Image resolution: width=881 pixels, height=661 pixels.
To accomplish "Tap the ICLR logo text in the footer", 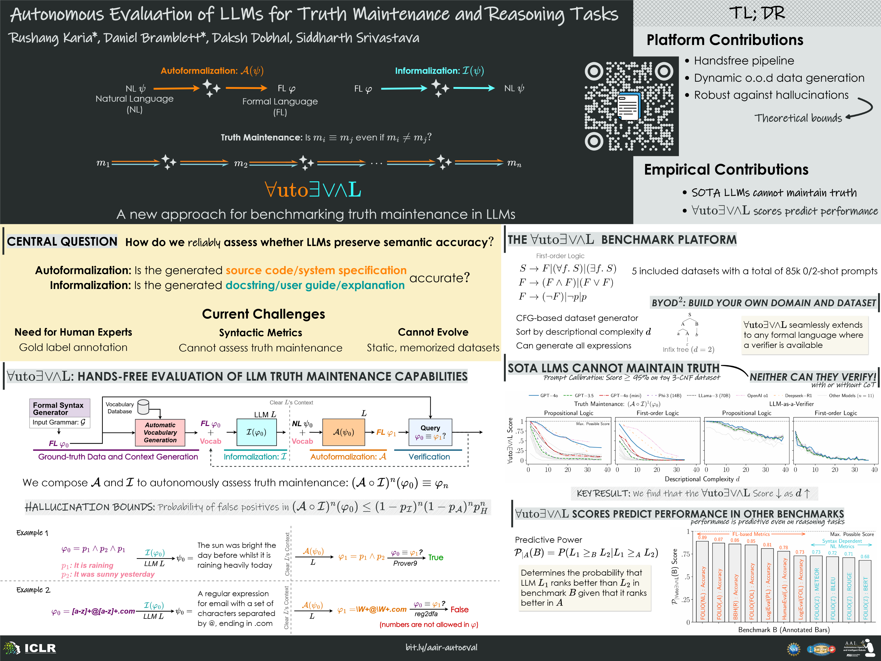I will pyautogui.click(x=40, y=648).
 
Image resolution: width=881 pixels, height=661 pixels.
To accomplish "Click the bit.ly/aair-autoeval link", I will pyautogui.click(x=441, y=647).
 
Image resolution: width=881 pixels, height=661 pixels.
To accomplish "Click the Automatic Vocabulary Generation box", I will pyautogui.click(x=160, y=433).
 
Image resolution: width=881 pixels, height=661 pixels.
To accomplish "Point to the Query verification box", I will pyautogui.click(x=430, y=432).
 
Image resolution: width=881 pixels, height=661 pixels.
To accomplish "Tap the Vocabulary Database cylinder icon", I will pyautogui.click(x=143, y=407).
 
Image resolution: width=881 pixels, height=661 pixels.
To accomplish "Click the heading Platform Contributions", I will pyautogui.click(x=725, y=40).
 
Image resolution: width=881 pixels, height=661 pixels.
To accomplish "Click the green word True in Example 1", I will pyautogui.click(x=436, y=557).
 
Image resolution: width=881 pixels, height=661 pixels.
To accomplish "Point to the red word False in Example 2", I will pyautogui.click(x=459, y=610).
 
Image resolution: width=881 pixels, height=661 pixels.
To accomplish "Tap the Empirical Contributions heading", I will pyautogui.click(x=726, y=170).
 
